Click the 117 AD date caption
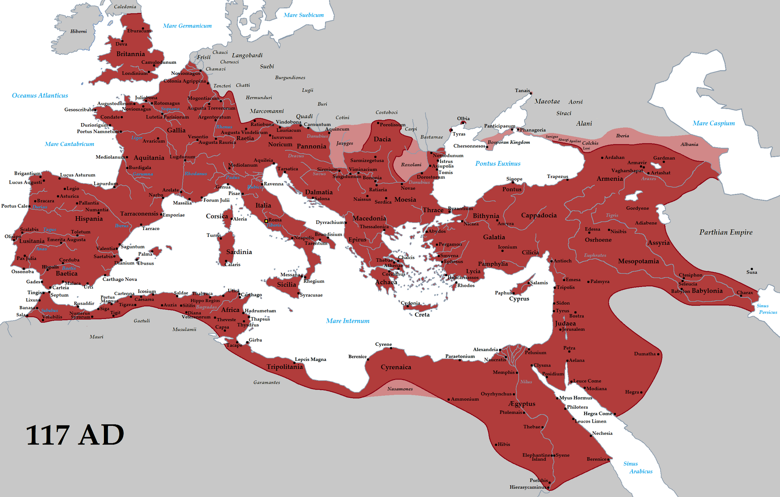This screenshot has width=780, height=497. (75, 436)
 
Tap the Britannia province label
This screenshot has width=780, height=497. (130, 54)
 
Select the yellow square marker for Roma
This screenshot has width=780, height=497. (266, 221)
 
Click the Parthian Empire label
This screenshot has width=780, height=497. (726, 232)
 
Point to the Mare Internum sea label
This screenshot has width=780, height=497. (348, 321)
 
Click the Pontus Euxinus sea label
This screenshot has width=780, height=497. (498, 164)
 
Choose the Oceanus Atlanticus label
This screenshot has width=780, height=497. (40, 95)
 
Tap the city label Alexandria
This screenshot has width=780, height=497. (485, 349)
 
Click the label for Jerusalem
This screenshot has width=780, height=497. (573, 329)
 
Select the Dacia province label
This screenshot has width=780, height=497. (382, 139)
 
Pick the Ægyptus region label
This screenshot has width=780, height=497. (522, 404)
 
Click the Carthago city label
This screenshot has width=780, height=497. (251, 295)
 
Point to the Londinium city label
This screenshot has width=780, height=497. (134, 74)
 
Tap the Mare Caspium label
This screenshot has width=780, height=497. (713, 124)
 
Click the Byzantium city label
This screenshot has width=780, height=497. (460, 208)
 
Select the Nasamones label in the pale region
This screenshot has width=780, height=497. (400, 389)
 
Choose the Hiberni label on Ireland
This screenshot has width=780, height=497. (78, 31)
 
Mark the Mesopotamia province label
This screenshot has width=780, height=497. (638, 261)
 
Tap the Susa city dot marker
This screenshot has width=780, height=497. (752, 269)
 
